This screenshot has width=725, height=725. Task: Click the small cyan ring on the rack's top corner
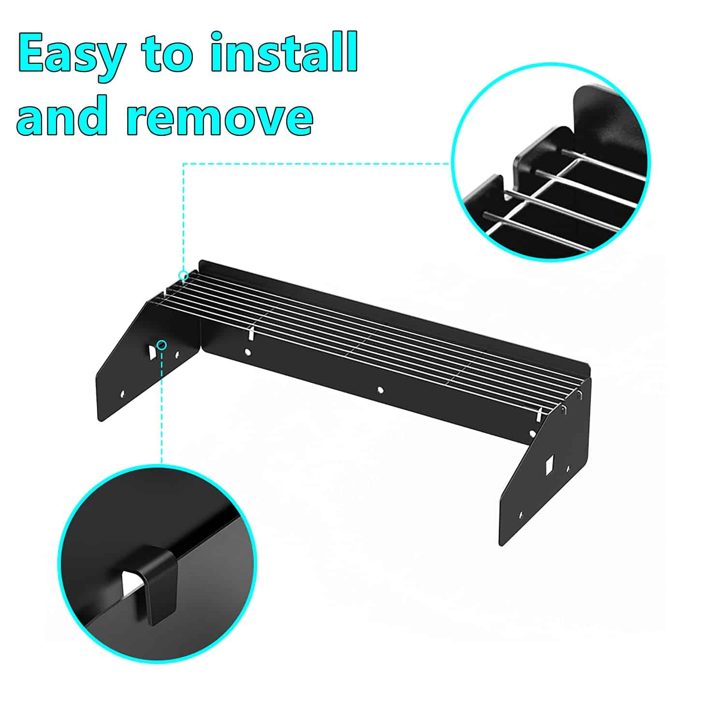[183, 275]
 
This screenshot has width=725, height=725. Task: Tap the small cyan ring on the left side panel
[162, 345]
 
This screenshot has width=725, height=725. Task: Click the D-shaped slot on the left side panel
[152, 350]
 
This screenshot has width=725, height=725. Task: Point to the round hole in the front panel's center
[380, 389]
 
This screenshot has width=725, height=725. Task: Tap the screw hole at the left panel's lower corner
[122, 394]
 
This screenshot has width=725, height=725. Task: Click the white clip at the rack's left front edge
[251, 333]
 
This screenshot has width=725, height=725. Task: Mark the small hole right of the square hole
[568, 468]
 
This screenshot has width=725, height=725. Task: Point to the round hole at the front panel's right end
[533, 434]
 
